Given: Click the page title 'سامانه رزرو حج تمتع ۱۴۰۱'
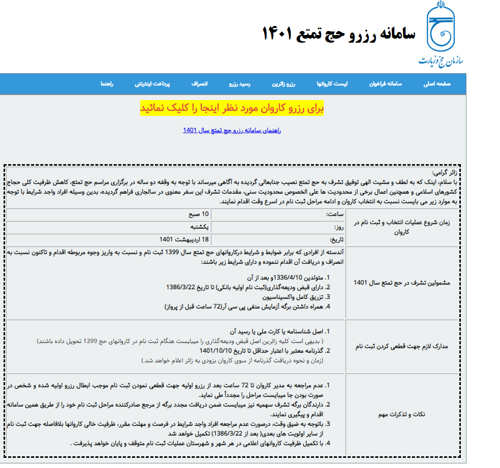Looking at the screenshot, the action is tap(338, 34).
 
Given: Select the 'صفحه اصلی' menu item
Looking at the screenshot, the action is tap(437, 84).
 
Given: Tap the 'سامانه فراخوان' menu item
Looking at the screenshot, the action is tap(385, 84).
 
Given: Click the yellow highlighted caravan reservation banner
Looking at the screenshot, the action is tap(232, 108).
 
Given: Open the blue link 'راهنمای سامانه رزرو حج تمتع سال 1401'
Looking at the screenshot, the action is tap(232, 130).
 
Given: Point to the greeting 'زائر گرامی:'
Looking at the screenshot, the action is tap(444, 173).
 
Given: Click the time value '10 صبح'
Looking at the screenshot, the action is tap(199, 214).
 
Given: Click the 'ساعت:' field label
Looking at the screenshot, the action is tap(334, 214).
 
